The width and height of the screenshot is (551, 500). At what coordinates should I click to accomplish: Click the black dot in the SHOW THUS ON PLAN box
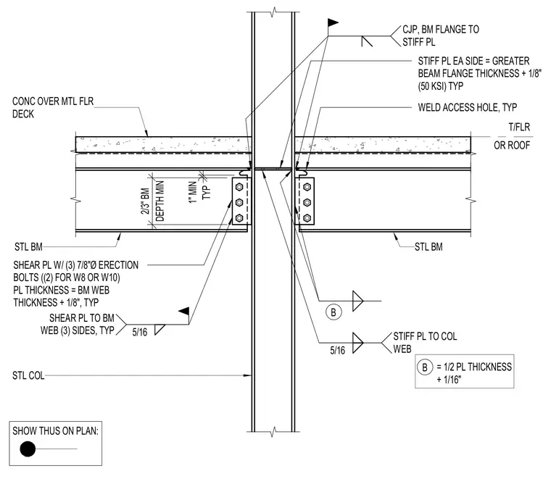pyautogui.click(x=28, y=449)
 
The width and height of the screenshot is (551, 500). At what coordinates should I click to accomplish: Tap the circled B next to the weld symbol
pyautogui.click(x=333, y=312)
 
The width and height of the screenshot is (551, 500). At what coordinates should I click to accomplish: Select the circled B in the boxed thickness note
pyautogui.click(x=425, y=367)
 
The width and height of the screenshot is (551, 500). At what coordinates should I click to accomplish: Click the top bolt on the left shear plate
pyautogui.click(x=239, y=186)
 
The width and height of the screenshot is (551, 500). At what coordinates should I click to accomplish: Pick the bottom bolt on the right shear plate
pyautogui.click(x=307, y=218)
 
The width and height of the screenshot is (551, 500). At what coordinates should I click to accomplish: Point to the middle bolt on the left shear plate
pyautogui.click(x=239, y=202)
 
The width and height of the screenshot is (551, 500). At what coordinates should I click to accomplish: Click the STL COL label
pyautogui.click(x=28, y=375)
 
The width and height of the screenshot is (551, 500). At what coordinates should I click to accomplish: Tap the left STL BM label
pyautogui.click(x=28, y=247)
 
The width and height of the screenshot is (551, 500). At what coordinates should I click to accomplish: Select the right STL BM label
pyautogui.click(x=428, y=247)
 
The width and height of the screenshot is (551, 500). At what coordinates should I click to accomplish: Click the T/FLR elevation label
pyautogui.click(x=519, y=127)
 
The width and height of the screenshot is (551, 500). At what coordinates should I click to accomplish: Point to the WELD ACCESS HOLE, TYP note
pyautogui.click(x=468, y=107)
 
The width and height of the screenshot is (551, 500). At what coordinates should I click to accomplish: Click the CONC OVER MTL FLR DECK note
pyautogui.click(x=53, y=107)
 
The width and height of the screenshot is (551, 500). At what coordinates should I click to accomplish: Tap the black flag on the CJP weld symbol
pyautogui.click(x=333, y=23)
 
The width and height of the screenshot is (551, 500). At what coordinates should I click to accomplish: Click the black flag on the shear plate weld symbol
pyautogui.click(x=183, y=311)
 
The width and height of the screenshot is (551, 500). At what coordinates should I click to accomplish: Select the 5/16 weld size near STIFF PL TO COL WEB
pyautogui.click(x=337, y=350)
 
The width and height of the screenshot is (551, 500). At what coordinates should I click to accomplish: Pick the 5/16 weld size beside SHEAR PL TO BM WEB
pyautogui.click(x=139, y=332)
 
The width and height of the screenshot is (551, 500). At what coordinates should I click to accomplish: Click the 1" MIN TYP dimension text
pyautogui.click(x=199, y=192)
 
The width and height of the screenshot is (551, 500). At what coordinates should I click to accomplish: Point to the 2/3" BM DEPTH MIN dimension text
pyautogui.click(x=152, y=201)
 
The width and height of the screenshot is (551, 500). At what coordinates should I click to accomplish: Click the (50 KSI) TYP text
pyautogui.click(x=440, y=86)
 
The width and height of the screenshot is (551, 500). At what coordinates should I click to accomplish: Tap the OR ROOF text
pyautogui.click(x=512, y=145)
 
